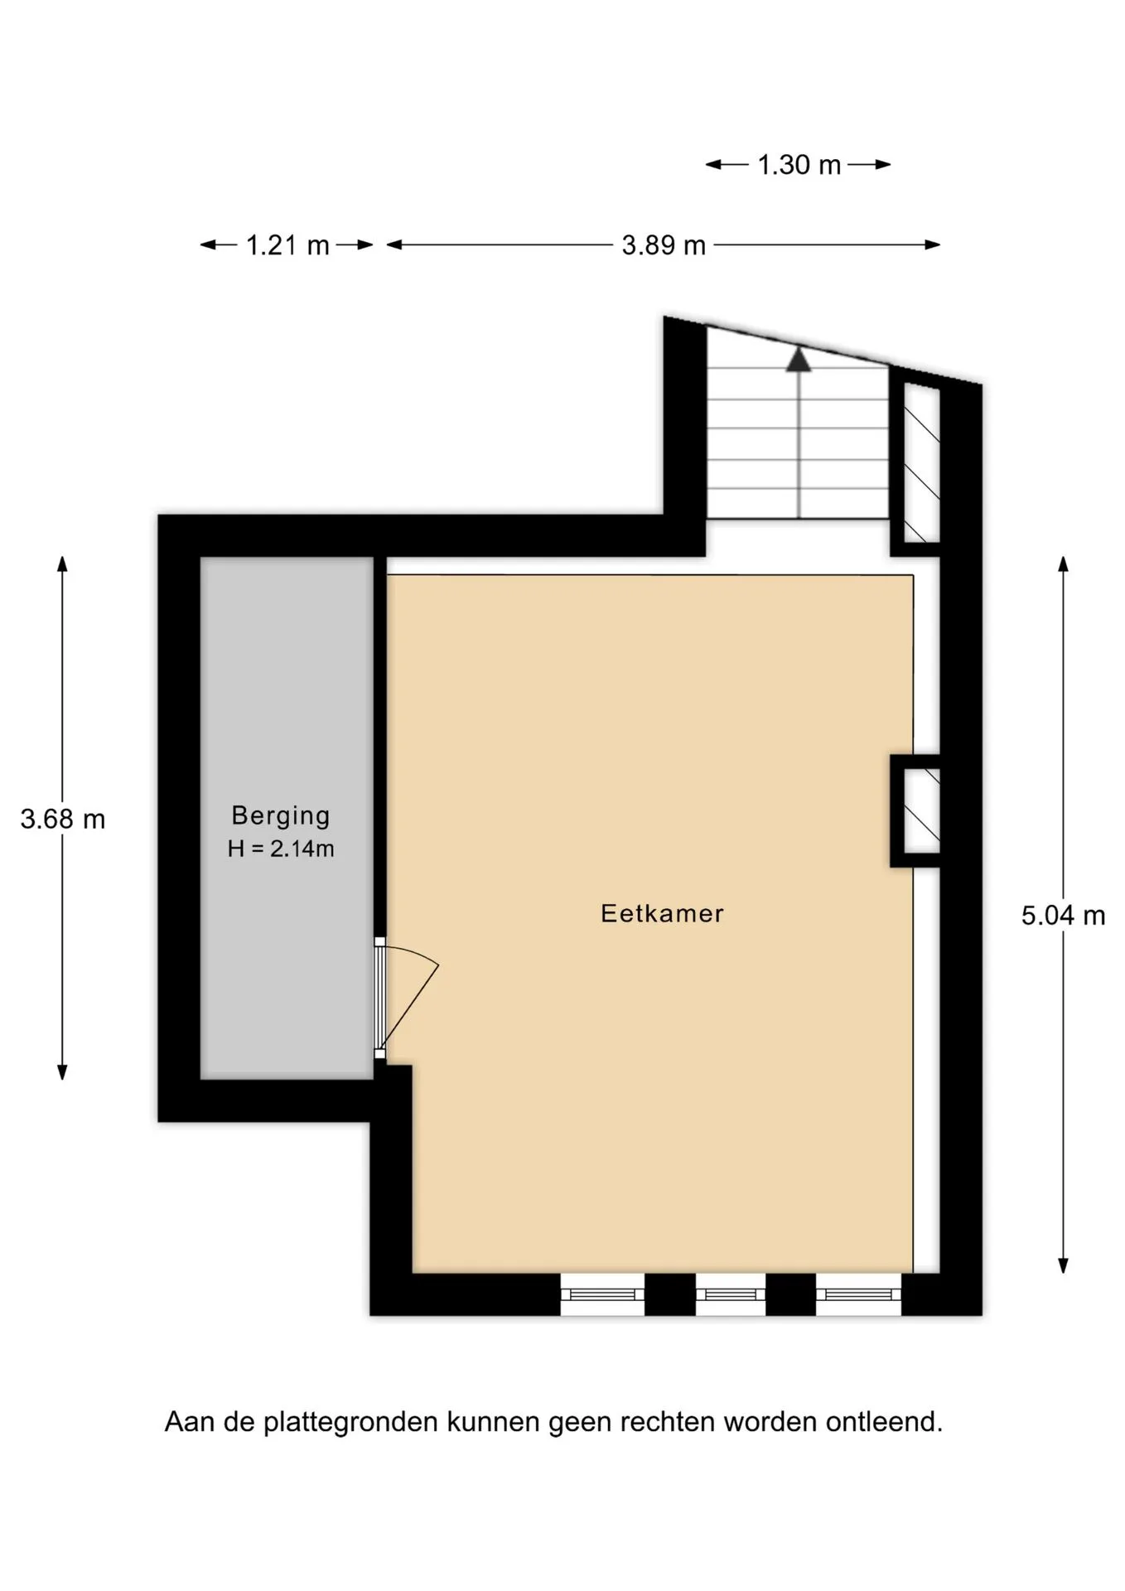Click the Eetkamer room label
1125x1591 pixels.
(662, 913)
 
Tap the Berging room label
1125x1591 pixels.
(281, 816)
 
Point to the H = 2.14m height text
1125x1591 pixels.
(281, 849)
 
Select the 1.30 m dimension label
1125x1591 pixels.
(799, 165)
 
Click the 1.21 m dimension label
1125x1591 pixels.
(287, 245)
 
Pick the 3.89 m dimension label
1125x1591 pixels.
(664, 245)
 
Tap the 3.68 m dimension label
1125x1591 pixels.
(63, 820)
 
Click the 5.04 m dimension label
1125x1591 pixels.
(1063, 916)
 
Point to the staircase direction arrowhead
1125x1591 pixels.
(799, 360)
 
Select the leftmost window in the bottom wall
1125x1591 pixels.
(602, 1294)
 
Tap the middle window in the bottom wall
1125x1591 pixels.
(731, 1294)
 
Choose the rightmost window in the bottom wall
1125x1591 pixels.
(859, 1294)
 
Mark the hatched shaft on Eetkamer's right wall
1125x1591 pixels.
(921, 810)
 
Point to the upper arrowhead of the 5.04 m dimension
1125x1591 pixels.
(1063, 563)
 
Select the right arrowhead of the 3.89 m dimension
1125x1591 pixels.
(933, 244)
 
